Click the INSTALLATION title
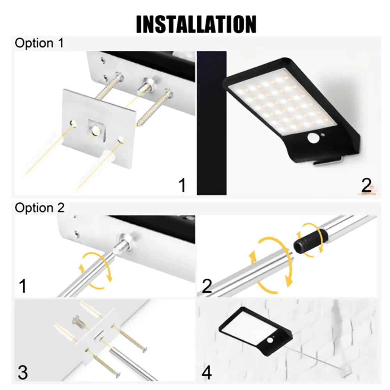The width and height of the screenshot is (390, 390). point(196,24)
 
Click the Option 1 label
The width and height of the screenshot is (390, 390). point(39,43)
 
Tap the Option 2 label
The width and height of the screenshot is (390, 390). point(39,208)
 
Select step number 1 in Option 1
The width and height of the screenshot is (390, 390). point(182,185)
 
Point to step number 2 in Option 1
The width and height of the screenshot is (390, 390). point(366,185)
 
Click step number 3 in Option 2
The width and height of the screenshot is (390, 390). point(23,372)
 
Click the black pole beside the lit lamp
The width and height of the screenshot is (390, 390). point(212,123)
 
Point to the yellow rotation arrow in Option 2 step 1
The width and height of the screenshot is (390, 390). point(96,271)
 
